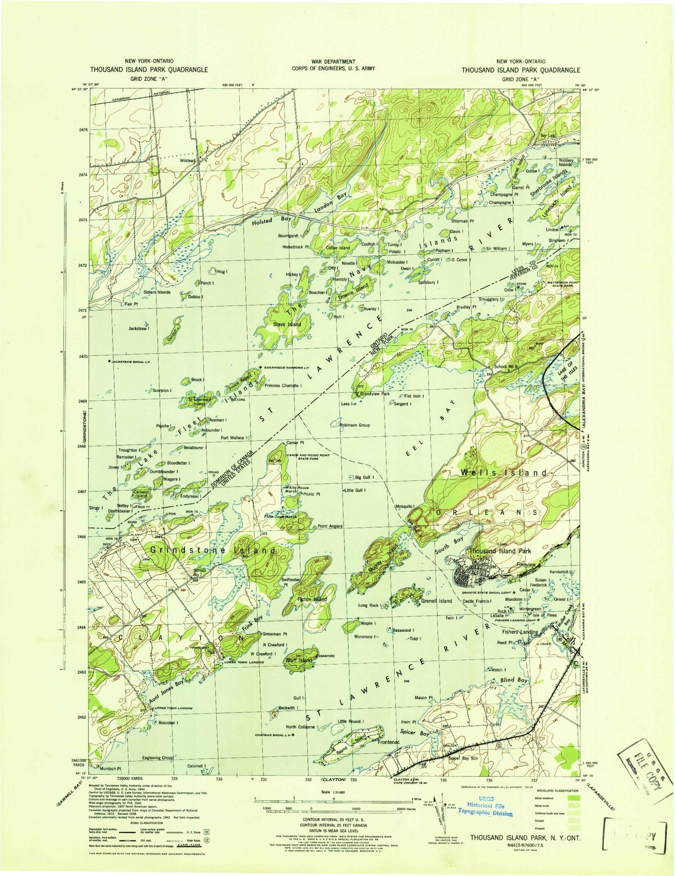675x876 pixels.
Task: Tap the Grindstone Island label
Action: tap(213, 551)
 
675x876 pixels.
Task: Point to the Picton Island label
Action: tap(312, 599)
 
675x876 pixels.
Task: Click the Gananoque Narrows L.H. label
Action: tap(286, 367)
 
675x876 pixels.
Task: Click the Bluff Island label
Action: tap(298, 660)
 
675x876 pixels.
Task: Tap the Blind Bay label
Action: tap(514, 680)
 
